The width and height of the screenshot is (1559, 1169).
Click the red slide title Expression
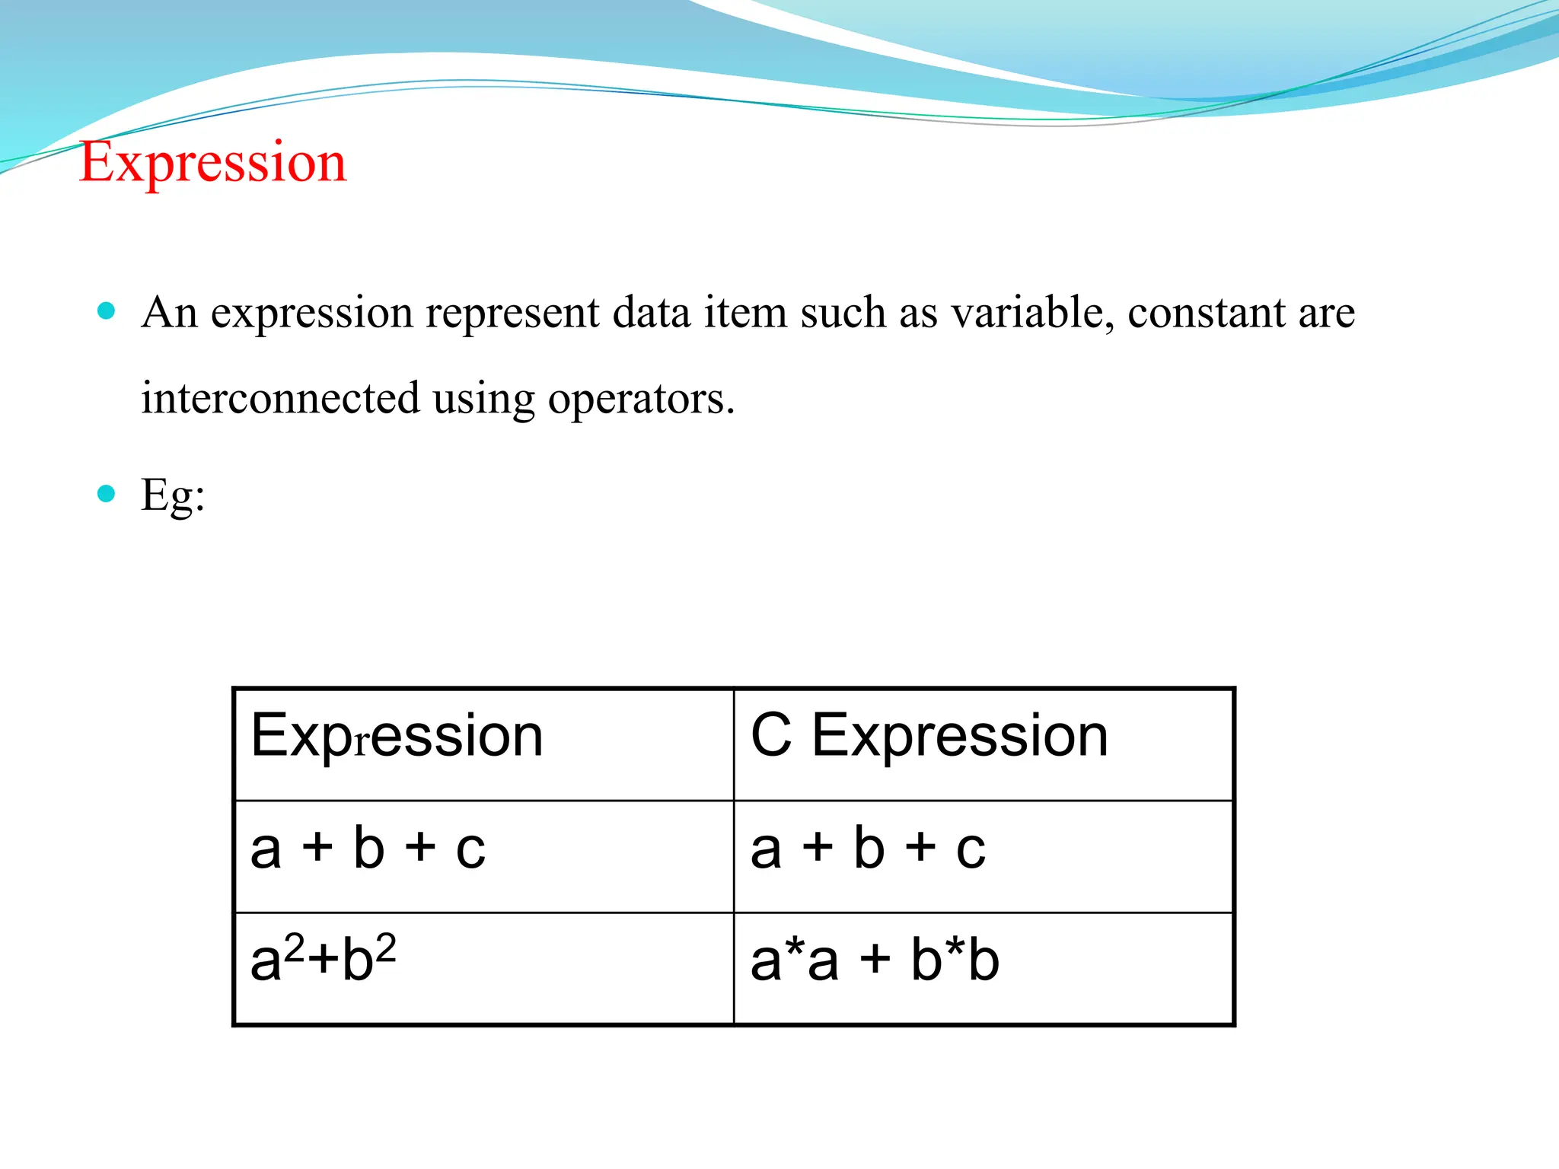(x=213, y=162)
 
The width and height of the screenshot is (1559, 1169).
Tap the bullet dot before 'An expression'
(x=107, y=311)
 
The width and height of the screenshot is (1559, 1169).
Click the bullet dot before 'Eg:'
(x=107, y=494)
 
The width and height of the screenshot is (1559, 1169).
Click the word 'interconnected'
(x=280, y=398)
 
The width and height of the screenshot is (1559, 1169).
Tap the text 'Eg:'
(x=173, y=496)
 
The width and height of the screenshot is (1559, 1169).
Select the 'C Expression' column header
(x=929, y=736)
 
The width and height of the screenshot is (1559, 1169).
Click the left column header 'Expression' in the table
(x=397, y=736)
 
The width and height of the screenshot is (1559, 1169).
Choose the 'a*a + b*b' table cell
(x=875, y=960)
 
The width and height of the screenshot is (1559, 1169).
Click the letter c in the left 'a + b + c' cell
(x=470, y=849)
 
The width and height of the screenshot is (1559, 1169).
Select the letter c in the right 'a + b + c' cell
(x=971, y=849)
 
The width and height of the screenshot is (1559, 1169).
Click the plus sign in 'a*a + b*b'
(x=875, y=960)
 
